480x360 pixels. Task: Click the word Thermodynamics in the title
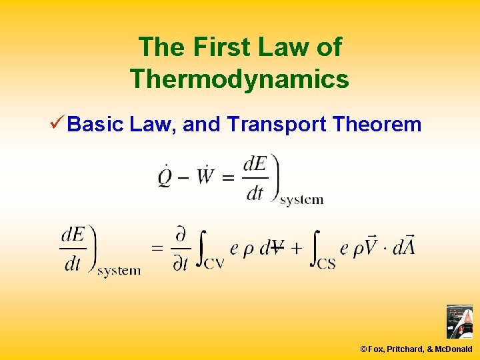point(239,79)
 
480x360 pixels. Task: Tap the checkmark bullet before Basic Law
point(56,123)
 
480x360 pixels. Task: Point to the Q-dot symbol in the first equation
point(165,178)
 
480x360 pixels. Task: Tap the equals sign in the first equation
point(228,179)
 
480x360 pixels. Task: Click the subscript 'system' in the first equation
point(302,199)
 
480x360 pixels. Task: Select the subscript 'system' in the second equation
point(119,270)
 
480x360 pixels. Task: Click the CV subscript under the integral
point(213,263)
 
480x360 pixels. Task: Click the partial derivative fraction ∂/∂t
point(179,249)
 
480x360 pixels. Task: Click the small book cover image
point(459,322)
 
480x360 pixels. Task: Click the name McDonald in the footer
point(454,349)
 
